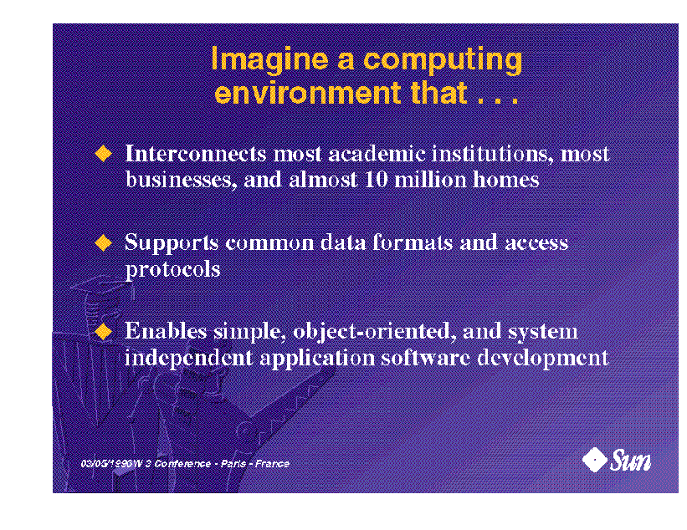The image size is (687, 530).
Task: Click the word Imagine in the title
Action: click(269, 59)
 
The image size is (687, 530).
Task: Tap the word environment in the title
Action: click(308, 93)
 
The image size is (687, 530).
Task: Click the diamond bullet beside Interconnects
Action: click(104, 154)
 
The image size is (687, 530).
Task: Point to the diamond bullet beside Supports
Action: click(104, 243)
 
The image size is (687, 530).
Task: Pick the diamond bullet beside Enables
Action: click(104, 331)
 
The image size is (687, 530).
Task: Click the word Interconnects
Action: click(196, 154)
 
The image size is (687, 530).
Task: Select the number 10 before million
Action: click(376, 180)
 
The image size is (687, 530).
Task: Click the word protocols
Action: click(172, 269)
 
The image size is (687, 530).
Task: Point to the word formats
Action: click(413, 242)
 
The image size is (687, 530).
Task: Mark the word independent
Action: click(189, 358)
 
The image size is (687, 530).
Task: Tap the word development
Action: click(543, 358)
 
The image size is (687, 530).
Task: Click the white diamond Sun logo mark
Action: click(595, 460)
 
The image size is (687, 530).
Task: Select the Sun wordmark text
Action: click(630, 461)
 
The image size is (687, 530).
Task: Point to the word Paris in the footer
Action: click(233, 463)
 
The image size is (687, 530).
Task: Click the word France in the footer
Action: click(272, 463)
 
